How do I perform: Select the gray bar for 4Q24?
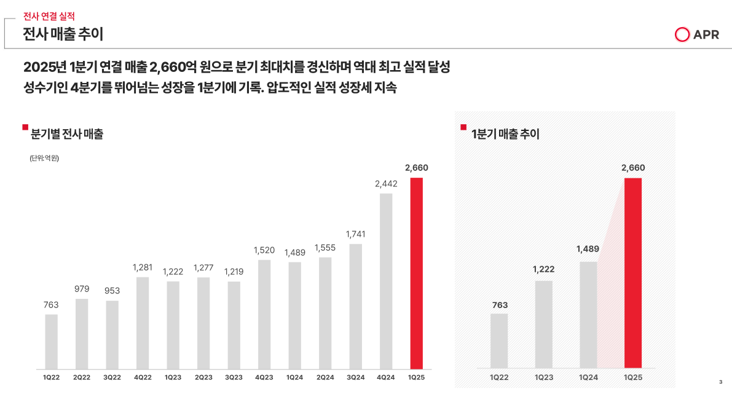tap(386, 281)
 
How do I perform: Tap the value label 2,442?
tap(386, 183)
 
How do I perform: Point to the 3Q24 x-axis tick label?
tap(355, 377)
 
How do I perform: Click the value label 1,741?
tap(355, 234)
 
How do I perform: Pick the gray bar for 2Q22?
tap(82, 333)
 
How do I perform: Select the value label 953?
tap(112, 290)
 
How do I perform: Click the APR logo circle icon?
tap(682, 35)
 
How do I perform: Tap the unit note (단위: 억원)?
tap(44, 158)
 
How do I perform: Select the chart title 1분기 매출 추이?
tap(505, 133)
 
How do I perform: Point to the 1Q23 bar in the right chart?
tap(543, 325)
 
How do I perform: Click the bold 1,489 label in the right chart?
tap(588, 249)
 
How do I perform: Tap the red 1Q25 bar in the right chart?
tap(632, 273)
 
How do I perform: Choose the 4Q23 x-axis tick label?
tap(264, 377)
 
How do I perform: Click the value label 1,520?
tap(264, 250)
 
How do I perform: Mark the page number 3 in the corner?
tap(720, 382)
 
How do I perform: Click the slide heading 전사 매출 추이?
tap(63, 34)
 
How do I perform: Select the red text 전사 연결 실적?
tap(49, 17)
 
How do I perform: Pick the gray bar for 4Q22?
tap(143, 322)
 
